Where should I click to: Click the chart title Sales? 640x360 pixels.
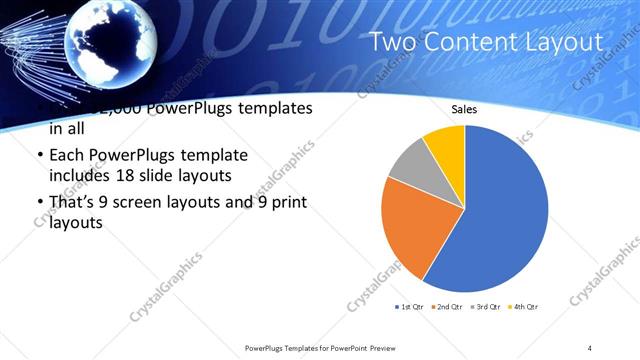coord(464,108)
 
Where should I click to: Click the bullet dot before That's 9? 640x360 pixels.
coord(39,204)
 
